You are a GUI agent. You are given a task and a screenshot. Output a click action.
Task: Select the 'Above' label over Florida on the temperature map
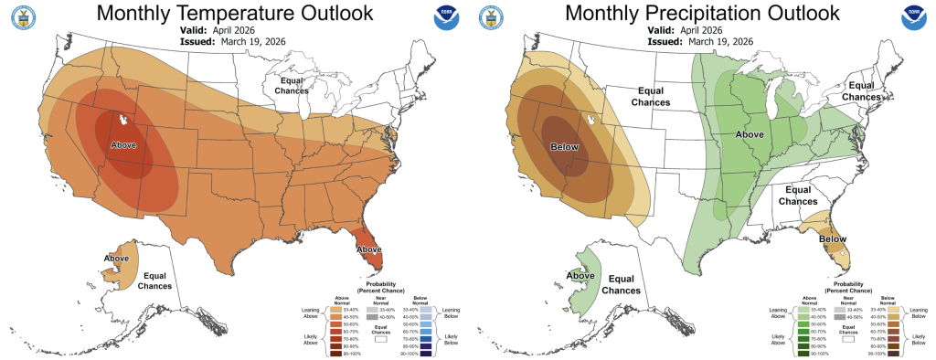[x=369, y=249]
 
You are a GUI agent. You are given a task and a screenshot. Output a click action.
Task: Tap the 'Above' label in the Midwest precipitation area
[x=750, y=134]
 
